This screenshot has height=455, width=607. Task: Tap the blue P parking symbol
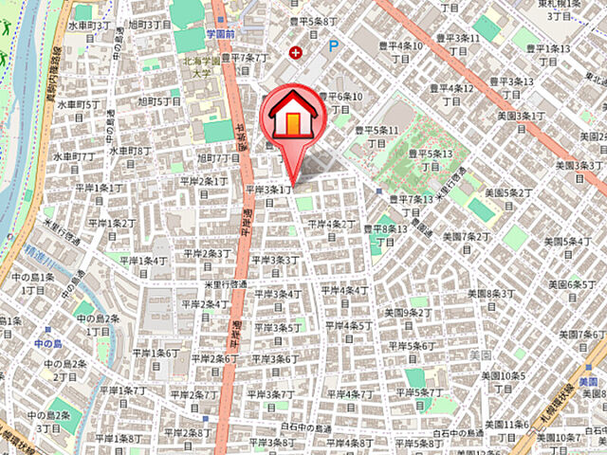[x=332, y=45]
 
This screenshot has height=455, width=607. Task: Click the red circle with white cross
[x=300, y=53]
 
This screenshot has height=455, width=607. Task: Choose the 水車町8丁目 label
[x=129, y=150]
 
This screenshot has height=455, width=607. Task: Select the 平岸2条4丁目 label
[x=203, y=304]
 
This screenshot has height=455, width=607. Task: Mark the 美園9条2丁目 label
[x=405, y=312]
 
